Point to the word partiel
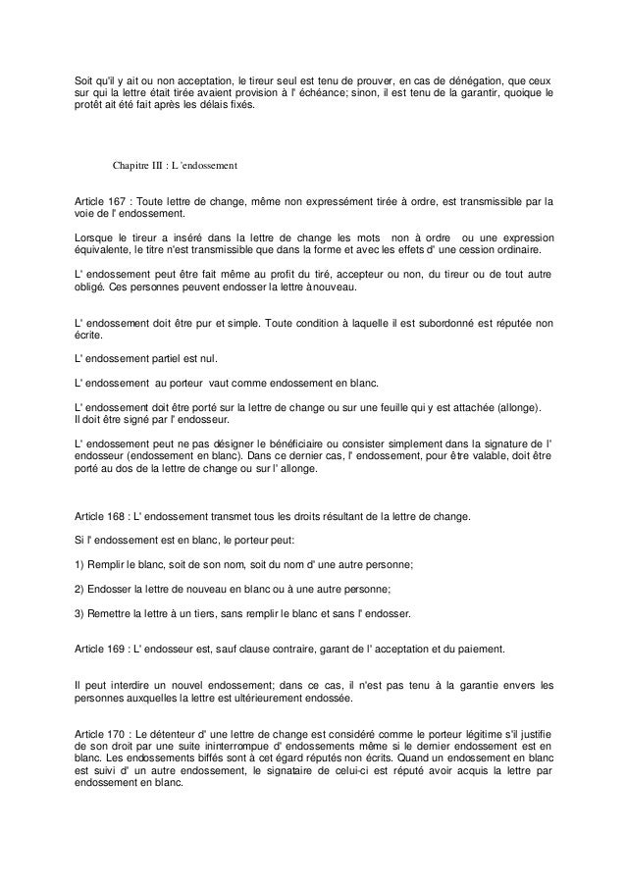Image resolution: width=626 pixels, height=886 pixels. pos(179,360)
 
